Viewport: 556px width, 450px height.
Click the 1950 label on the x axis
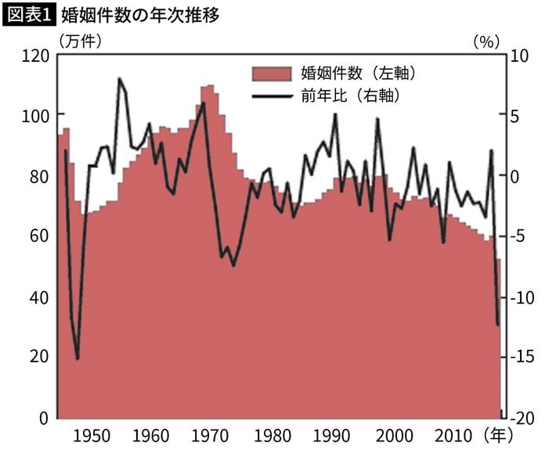92,434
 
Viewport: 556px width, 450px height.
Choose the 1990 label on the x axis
332,434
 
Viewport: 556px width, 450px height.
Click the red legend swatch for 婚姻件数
271,74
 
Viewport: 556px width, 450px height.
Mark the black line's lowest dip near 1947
77,358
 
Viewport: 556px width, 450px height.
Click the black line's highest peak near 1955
120,78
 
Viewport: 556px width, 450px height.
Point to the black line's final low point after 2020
498,325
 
